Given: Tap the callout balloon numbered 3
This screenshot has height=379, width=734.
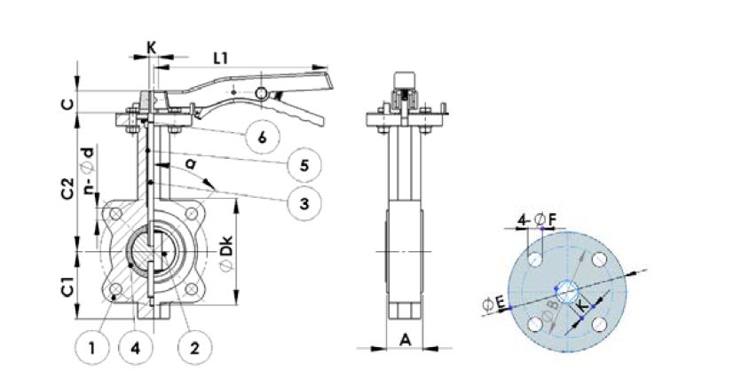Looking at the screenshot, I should [304, 203].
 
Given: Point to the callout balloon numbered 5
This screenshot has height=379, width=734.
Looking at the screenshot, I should [304, 164].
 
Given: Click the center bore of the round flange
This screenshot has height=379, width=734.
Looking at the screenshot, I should [566, 288].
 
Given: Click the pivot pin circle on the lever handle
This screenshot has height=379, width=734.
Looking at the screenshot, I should [263, 93].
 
